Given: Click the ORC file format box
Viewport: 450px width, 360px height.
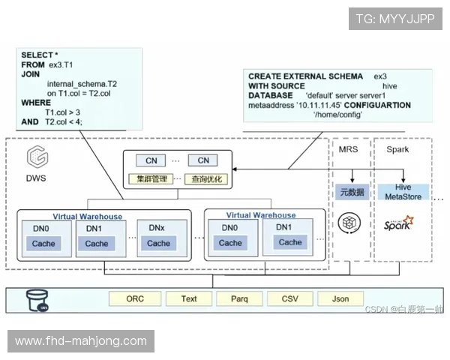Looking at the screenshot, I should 135,298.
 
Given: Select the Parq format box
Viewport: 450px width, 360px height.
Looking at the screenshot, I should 239,298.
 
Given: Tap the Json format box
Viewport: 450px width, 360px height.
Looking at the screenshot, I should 340,298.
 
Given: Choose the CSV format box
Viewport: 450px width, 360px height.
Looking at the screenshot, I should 290,298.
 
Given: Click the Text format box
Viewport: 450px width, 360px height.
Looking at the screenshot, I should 189,298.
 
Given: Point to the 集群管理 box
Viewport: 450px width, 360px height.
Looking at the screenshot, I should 151,179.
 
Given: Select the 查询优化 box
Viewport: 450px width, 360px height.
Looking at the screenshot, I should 205,179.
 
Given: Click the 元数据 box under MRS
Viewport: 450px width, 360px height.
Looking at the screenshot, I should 352,192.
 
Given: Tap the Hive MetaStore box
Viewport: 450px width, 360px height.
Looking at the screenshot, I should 404,192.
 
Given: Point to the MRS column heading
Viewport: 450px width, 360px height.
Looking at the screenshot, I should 349,150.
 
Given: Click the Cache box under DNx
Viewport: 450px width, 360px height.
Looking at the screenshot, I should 158,244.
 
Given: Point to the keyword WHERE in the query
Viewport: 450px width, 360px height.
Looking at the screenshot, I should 36,102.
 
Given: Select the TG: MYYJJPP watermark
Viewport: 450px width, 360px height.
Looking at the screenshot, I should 394,19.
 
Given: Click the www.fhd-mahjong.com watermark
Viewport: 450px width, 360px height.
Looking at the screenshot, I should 81,341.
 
